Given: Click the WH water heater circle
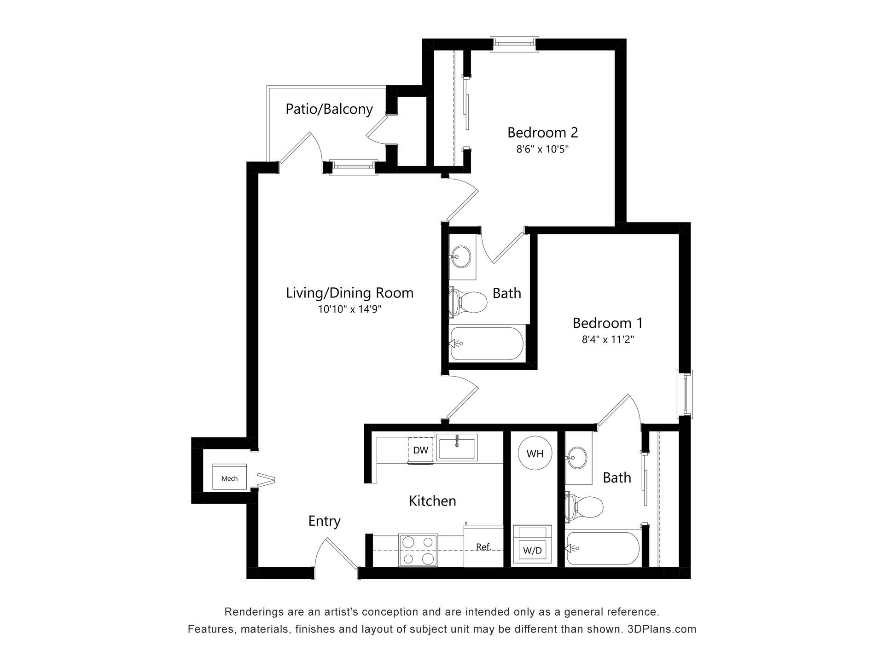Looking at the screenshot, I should point(535,454).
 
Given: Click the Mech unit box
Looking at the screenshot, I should point(229,477).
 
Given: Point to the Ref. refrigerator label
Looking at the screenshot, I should point(483,547).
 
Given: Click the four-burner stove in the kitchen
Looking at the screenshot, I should point(418,550).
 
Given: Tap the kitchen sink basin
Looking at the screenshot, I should point(457,447).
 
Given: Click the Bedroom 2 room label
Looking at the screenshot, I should point(542,133).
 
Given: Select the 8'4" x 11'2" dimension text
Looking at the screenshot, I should point(608,340).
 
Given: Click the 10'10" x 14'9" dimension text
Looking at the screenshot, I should point(349,309).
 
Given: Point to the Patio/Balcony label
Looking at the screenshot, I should point(329,109).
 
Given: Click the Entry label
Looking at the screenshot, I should point(324,521).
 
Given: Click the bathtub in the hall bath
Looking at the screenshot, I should point(487,343).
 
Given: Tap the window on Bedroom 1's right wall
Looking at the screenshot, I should point(685,394).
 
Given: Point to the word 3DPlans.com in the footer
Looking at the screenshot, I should point(662,629).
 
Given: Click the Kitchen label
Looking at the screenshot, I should point(432,501).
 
